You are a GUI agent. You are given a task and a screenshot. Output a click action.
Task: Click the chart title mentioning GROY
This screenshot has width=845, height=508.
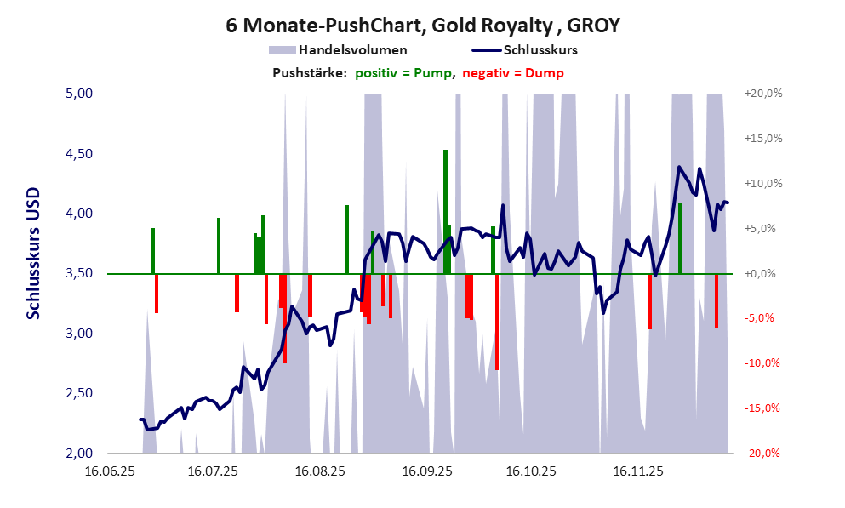pyautogui.click(x=422, y=26)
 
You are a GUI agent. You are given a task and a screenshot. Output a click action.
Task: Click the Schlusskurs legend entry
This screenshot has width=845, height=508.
pyautogui.click(x=540, y=50)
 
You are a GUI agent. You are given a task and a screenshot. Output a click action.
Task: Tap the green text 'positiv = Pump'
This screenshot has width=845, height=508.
pyautogui.click(x=403, y=73)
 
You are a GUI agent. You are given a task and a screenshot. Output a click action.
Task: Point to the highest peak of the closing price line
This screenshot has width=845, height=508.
pyautogui.click(x=679, y=167)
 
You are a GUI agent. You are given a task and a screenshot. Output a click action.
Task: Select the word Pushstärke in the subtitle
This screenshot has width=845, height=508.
pyautogui.click(x=309, y=73)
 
